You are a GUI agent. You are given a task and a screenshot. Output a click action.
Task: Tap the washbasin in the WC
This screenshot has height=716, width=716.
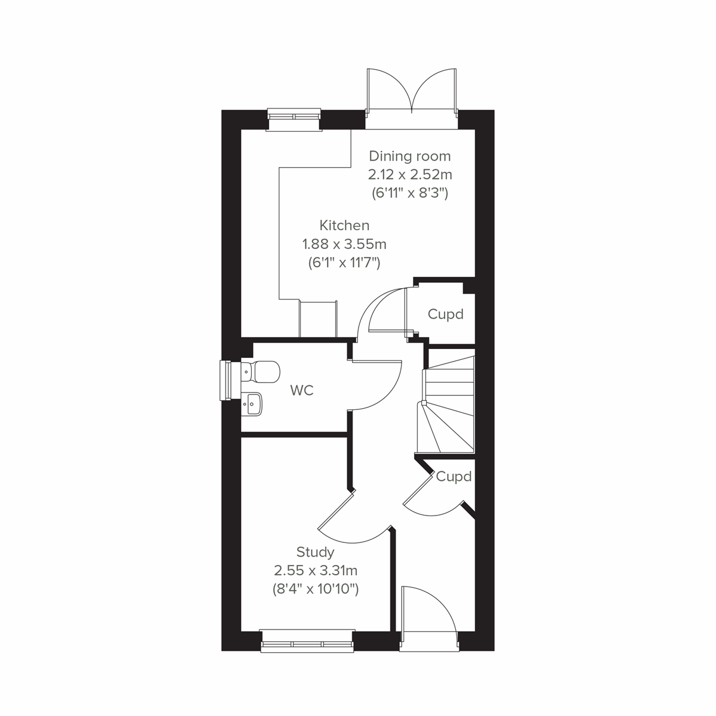click(252, 404)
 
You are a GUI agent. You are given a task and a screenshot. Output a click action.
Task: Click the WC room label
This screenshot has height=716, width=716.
click(301, 391)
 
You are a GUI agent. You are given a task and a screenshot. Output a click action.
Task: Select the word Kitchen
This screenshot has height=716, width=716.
click(344, 226)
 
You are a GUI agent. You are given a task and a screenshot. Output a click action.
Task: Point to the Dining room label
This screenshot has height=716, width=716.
click(410, 156)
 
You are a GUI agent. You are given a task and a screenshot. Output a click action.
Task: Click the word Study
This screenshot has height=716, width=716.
click(315, 552)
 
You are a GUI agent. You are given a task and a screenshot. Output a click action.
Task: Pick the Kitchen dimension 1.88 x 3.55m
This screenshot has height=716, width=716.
click(344, 244)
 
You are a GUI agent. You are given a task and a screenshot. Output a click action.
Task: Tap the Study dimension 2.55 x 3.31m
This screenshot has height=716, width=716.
click(315, 570)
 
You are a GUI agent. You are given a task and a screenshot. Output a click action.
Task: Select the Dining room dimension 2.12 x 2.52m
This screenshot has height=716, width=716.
click(410, 175)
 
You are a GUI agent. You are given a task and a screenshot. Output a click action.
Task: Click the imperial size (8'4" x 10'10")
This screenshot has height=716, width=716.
click(315, 590)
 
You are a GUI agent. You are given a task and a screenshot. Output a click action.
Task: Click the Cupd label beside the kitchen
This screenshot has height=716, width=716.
click(446, 314)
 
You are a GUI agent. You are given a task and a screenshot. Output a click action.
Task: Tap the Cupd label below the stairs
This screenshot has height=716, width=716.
click(453, 477)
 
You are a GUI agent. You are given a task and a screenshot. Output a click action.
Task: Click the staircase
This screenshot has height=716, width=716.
click(447, 403)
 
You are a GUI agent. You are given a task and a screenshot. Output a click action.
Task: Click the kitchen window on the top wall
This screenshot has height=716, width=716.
click(294, 118)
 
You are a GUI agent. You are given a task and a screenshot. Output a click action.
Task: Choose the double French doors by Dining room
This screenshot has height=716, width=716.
click(412, 92)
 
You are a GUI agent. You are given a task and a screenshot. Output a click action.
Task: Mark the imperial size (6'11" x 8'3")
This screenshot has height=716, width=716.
click(410, 193)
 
